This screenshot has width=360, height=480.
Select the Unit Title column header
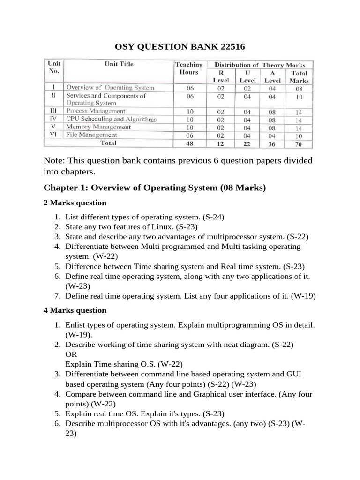point(119,64)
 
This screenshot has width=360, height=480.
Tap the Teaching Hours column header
point(188,68)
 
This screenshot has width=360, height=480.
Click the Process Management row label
point(96,111)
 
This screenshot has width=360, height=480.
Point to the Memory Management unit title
point(98,127)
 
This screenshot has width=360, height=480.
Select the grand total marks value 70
point(299,143)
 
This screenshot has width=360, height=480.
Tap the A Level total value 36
point(272,143)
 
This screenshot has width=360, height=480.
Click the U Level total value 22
point(247,143)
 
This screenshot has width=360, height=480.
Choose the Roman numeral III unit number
point(53,111)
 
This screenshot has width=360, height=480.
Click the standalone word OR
point(71,354)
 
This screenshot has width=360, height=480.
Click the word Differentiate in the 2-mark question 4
point(87,246)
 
